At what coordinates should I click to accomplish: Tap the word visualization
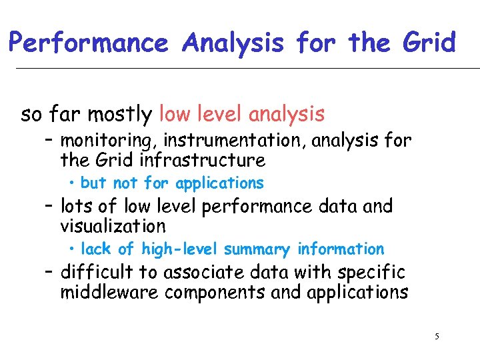(113, 227)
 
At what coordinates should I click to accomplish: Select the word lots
(75, 207)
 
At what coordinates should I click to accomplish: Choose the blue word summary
(257, 249)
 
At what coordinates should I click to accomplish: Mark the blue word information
(341, 249)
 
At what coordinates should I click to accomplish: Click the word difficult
(97, 273)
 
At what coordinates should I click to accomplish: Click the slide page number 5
(437, 336)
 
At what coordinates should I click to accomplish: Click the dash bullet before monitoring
(51, 141)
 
